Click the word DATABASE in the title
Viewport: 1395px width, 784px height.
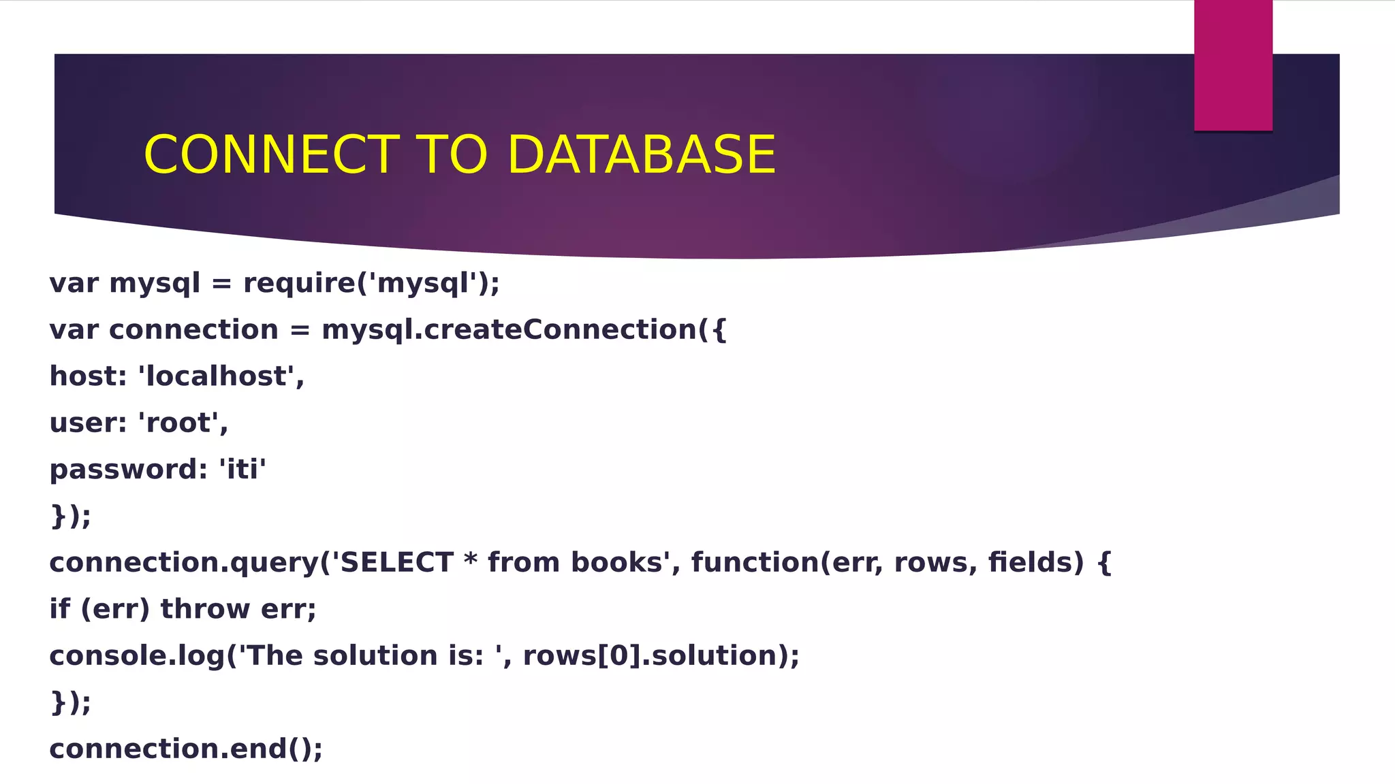click(x=641, y=154)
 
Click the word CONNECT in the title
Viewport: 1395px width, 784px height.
click(x=271, y=154)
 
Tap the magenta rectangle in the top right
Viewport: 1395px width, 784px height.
click(x=1233, y=65)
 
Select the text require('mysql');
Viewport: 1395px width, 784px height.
click(x=371, y=283)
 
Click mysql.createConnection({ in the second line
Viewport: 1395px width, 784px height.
click(x=524, y=330)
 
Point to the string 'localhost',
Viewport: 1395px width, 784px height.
click(x=221, y=376)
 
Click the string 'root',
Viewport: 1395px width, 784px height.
click(x=183, y=423)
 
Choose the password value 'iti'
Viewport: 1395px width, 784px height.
click(x=242, y=470)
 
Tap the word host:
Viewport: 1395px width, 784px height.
click(x=88, y=376)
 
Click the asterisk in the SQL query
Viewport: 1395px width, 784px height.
click(x=470, y=561)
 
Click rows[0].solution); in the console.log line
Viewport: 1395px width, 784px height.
click(x=661, y=656)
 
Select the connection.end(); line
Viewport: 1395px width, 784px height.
click(x=186, y=749)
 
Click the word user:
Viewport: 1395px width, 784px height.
click(x=88, y=423)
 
